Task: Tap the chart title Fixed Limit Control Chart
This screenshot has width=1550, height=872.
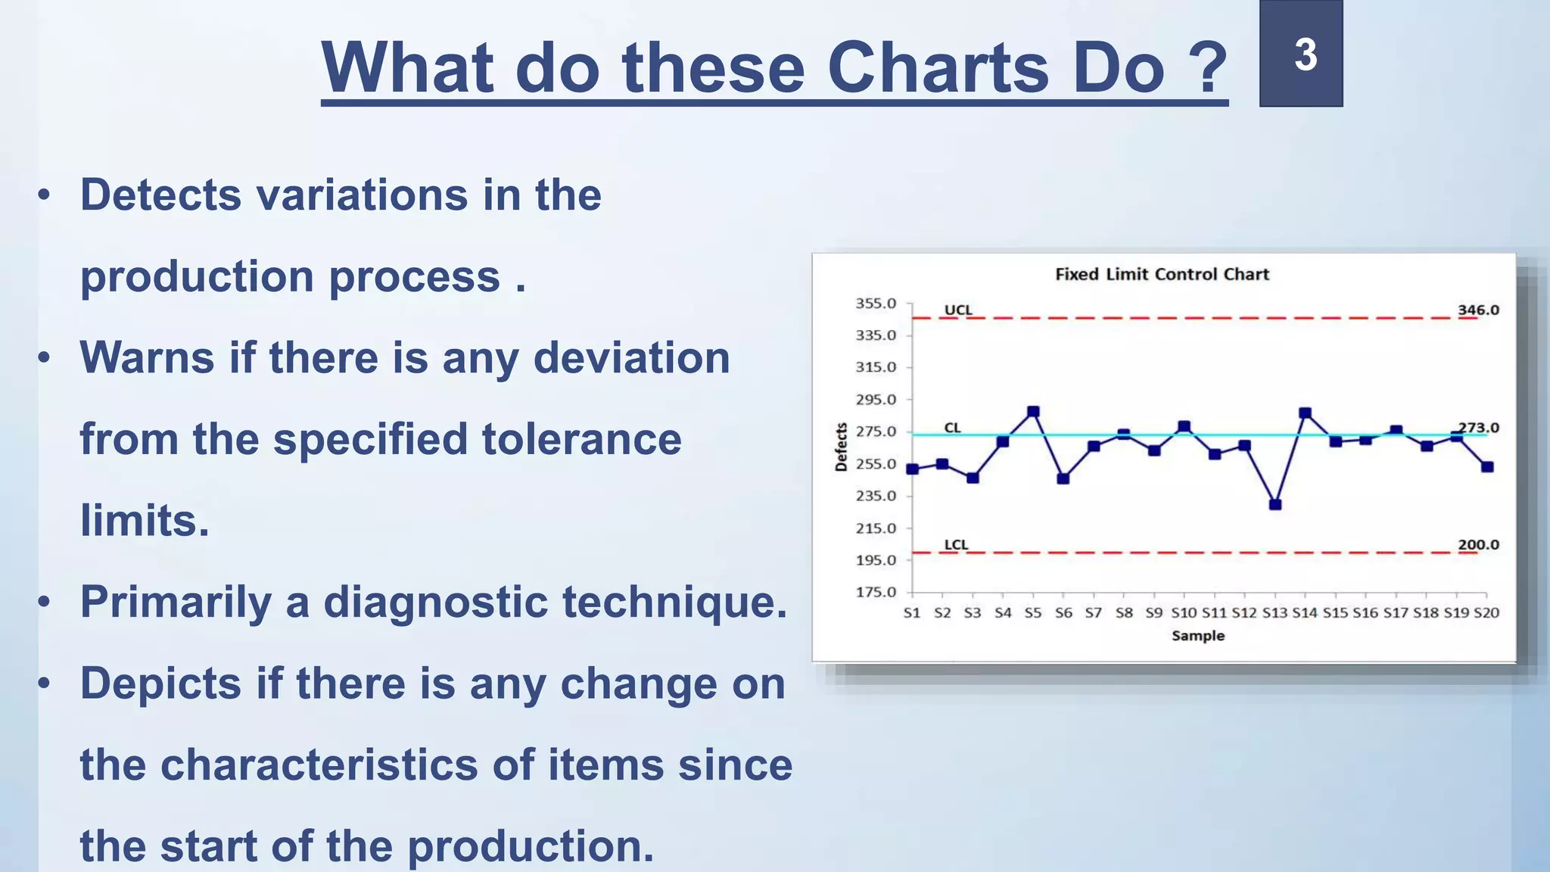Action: pyautogui.click(x=1162, y=274)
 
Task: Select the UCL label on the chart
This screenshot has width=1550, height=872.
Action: pyautogui.click(x=958, y=310)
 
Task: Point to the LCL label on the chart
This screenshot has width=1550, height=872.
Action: pyautogui.click(x=956, y=544)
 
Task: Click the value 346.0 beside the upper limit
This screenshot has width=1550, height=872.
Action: pyautogui.click(x=1478, y=310)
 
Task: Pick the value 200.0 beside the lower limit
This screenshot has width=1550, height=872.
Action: pyautogui.click(x=1478, y=544)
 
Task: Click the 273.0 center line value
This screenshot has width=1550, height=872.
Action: pyautogui.click(x=1478, y=427)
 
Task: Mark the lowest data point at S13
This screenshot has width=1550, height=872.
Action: pyautogui.click(x=1275, y=504)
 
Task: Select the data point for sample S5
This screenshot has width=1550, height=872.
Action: pyautogui.click(x=1033, y=412)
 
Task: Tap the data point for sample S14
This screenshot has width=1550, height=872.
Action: pyautogui.click(x=1305, y=413)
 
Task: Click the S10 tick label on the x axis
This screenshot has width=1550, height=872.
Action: pyautogui.click(x=1184, y=612)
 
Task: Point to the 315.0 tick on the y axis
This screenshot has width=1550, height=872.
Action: pyautogui.click(x=876, y=367)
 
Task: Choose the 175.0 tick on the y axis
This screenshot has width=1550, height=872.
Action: pyautogui.click(x=876, y=592)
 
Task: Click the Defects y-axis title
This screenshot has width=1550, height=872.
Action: pyautogui.click(x=841, y=447)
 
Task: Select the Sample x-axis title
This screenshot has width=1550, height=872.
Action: pyautogui.click(x=1198, y=636)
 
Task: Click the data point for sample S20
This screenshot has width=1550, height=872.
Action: pyautogui.click(x=1487, y=467)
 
